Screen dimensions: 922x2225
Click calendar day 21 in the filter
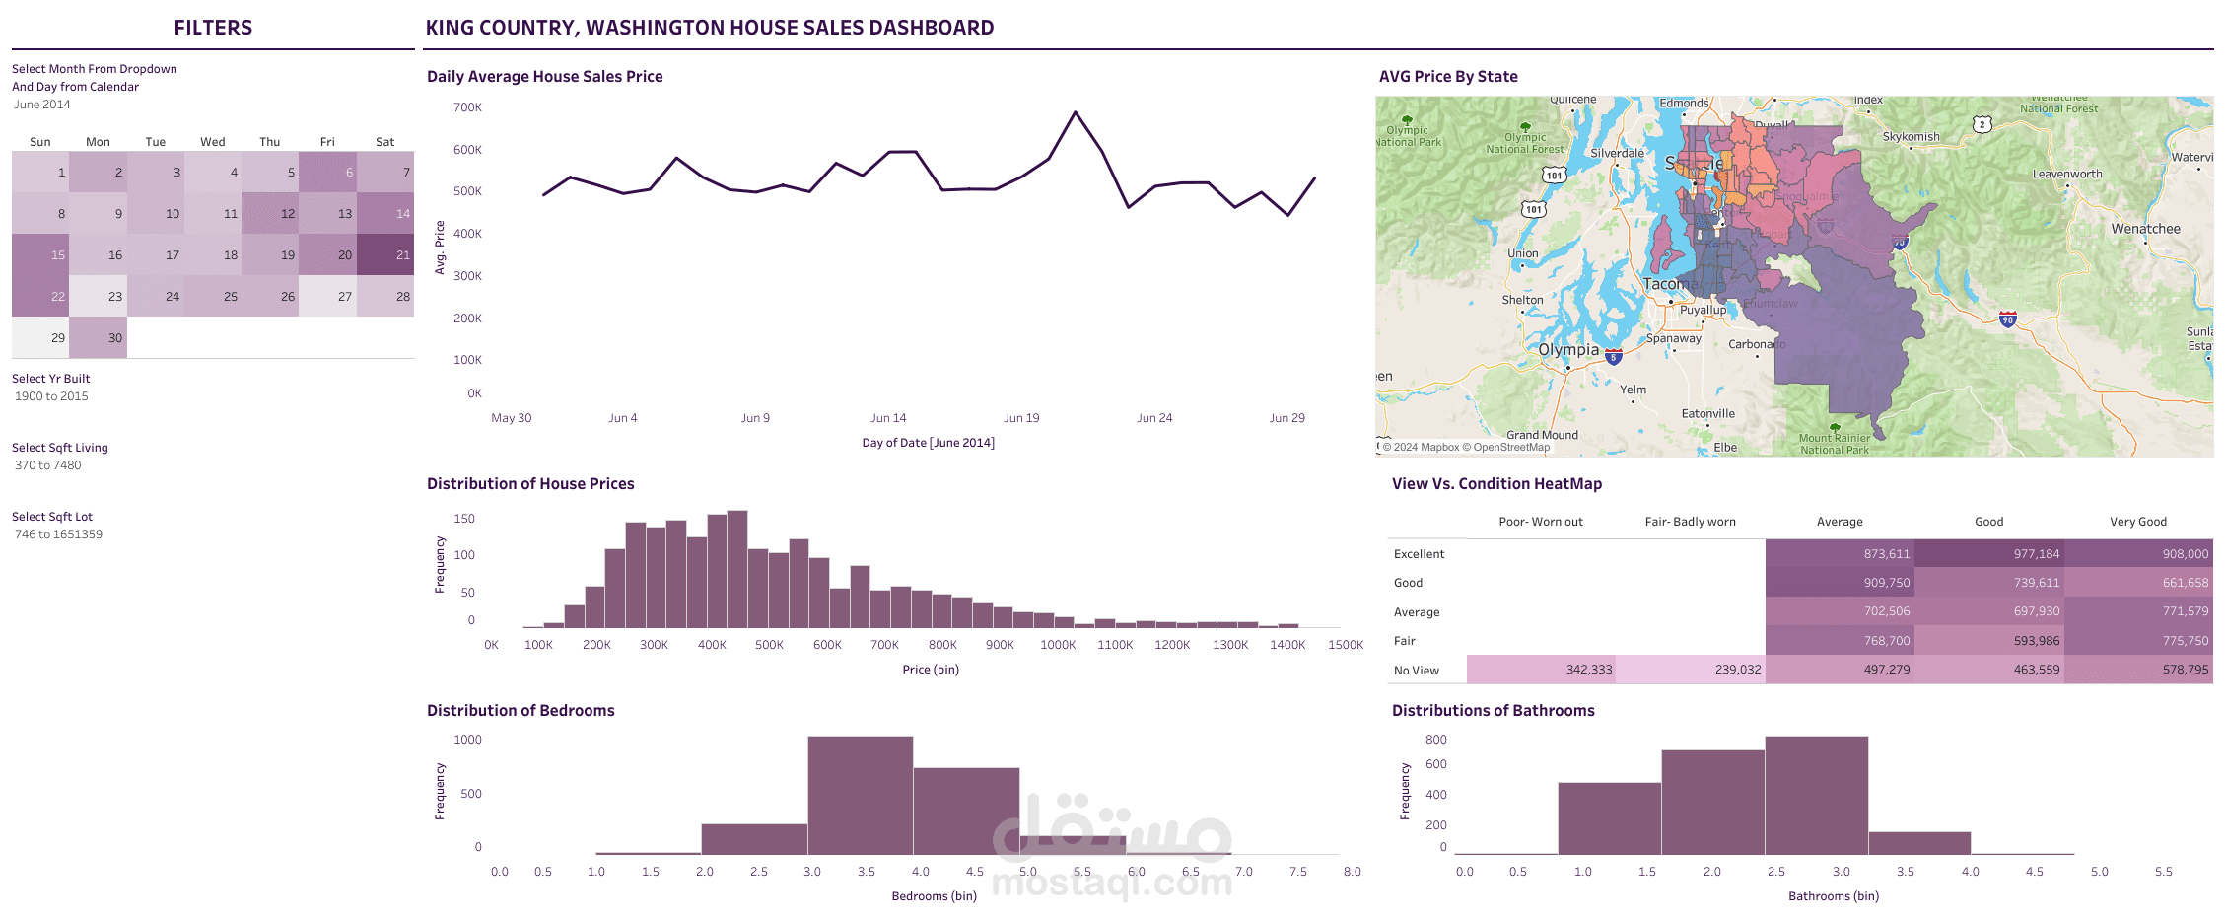[x=385, y=254]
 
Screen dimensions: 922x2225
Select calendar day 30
[x=99, y=337]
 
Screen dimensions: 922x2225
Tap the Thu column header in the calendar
[x=270, y=142]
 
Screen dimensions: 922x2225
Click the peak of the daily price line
[x=1075, y=112]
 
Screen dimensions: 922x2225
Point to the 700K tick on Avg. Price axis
[x=467, y=107]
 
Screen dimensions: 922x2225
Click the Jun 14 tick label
[x=887, y=418]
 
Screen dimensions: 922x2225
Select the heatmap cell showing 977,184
[x=1988, y=553]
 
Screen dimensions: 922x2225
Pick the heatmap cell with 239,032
[x=1690, y=669]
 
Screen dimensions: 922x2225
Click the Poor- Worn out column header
[x=1540, y=522]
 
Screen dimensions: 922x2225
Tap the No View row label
[x=1416, y=671]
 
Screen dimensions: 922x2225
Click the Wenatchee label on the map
[x=2145, y=229]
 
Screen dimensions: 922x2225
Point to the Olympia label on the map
[x=1568, y=350]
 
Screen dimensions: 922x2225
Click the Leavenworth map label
[x=2066, y=175]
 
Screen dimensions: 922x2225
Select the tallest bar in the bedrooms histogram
[x=860, y=795]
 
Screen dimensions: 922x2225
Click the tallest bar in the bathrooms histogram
[x=1816, y=795]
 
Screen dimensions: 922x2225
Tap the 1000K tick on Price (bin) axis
[x=1058, y=645]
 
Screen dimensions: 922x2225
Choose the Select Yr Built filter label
[x=51, y=379]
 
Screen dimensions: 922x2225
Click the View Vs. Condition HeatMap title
[x=1496, y=483]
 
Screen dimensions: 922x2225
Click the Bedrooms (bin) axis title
[x=934, y=896]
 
